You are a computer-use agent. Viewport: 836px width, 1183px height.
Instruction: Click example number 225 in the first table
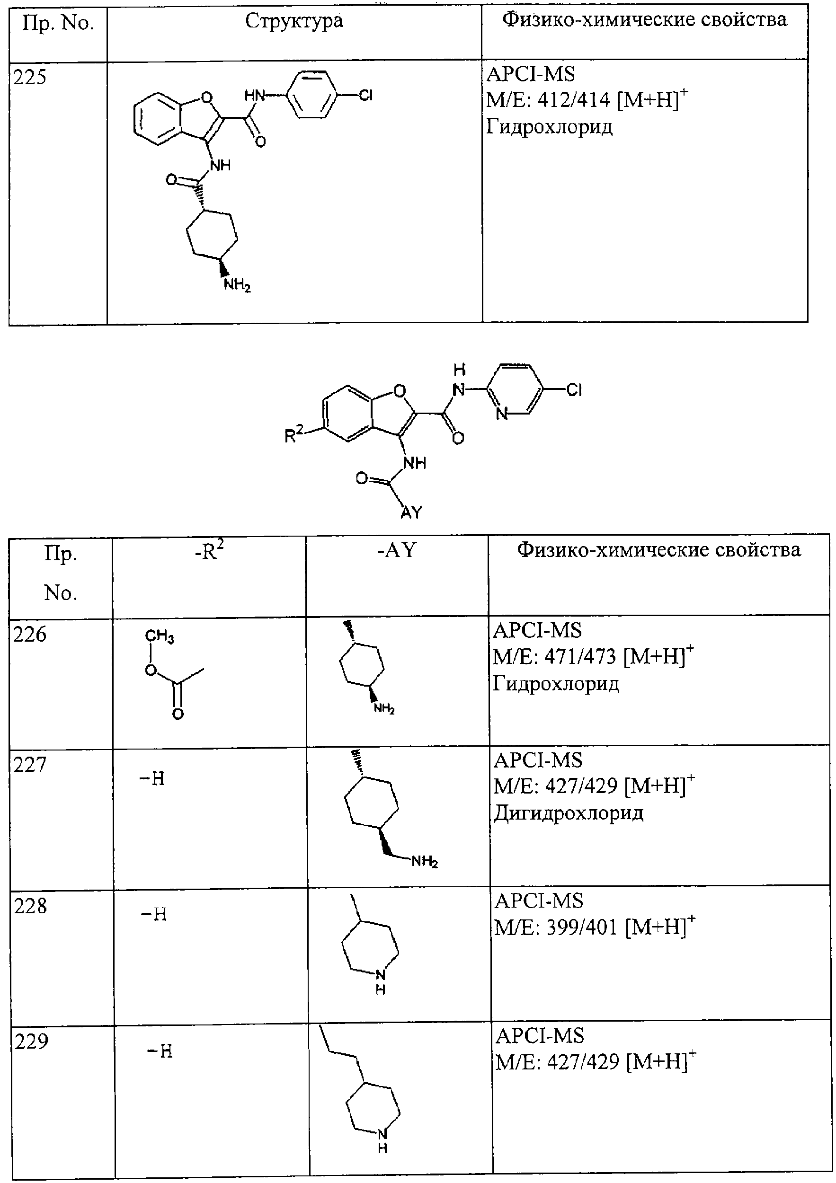30,77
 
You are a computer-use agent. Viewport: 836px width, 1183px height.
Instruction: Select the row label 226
30,634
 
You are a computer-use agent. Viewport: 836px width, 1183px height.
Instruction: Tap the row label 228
31,906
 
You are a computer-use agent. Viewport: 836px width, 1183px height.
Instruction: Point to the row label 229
31,1042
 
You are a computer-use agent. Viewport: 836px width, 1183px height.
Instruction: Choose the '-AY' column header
396,550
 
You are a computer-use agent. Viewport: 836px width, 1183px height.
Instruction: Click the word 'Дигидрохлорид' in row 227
569,813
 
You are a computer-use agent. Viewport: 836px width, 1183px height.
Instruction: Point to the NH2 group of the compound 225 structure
237,285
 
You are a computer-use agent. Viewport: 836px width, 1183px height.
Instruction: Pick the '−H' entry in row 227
152,778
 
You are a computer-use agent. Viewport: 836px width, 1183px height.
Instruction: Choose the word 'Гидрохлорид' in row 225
550,127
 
